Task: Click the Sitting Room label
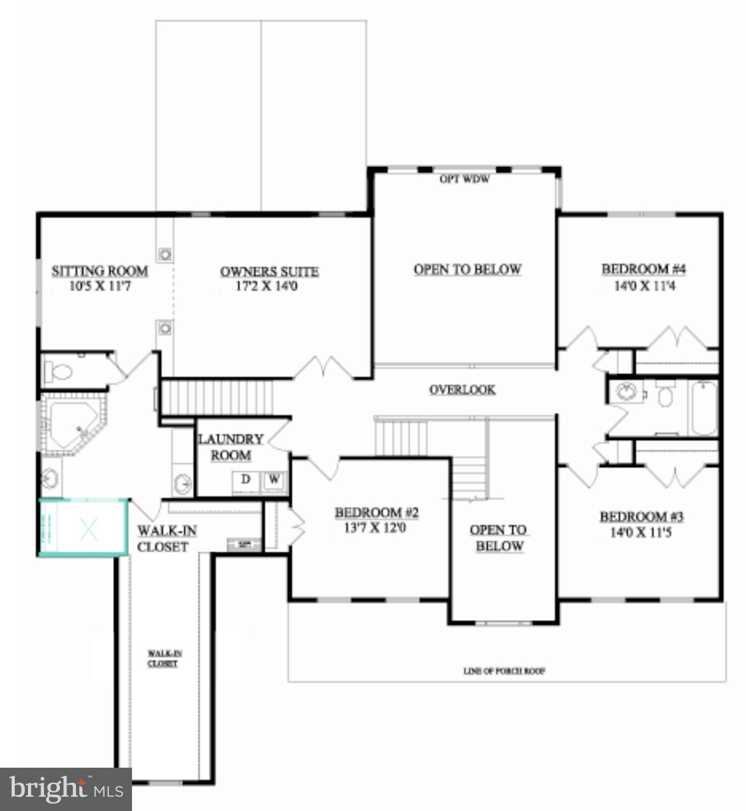pyautogui.click(x=99, y=271)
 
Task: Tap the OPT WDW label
pyautogui.click(x=464, y=180)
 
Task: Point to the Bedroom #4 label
pyautogui.click(x=643, y=269)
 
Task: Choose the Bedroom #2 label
pyautogui.click(x=376, y=512)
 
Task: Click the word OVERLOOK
pyautogui.click(x=462, y=390)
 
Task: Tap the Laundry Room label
pyautogui.click(x=231, y=447)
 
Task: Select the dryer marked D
pyautogui.click(x=245, y=480)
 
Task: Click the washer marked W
pyautogui.click(x=274, y=480)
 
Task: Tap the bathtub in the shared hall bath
pyautogui.click(x=703, y=407)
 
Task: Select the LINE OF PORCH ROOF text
pyautogui.click(x=504, y=671)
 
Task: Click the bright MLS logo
pyautogui.click(x=65, y=789)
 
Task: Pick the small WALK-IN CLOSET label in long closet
pyautogui.click(x=163, y=658)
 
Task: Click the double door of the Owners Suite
pyautogui.click(x=323, y=368)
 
